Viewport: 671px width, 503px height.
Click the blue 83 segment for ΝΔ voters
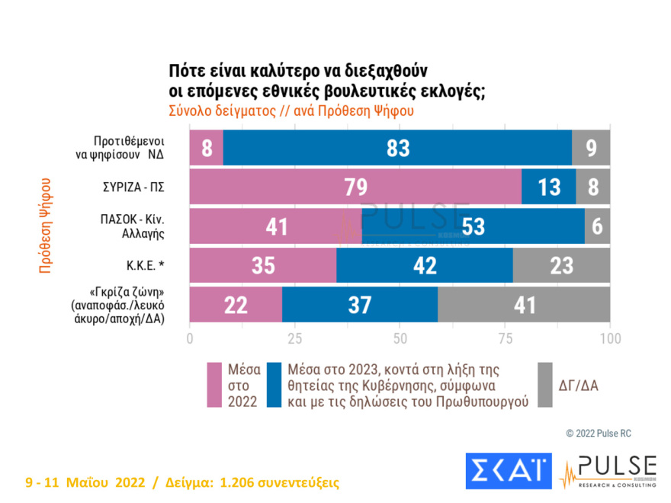tap(397, 148)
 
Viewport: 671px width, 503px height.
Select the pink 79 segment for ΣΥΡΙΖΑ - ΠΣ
tap(355, 187)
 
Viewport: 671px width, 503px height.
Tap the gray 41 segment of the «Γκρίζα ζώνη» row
tap(523, 306)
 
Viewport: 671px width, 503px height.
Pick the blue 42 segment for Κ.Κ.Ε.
tap(425, 266)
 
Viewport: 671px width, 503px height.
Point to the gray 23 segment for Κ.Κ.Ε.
tap(561, 266)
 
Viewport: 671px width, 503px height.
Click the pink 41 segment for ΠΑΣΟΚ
tap(275, 226)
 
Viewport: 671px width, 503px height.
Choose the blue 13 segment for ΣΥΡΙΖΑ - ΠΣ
tap(548, 187)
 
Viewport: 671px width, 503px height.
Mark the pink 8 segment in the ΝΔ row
tap(206, 148)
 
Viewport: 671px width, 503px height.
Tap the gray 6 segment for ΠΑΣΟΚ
tap(597, 226)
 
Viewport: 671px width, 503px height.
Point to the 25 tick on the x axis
tap(294, 338)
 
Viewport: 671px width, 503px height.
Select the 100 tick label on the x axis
tap(609, 338)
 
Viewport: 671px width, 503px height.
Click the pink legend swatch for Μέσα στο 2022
tap(216, 385)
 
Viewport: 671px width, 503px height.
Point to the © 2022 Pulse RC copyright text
tap(598, 433)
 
